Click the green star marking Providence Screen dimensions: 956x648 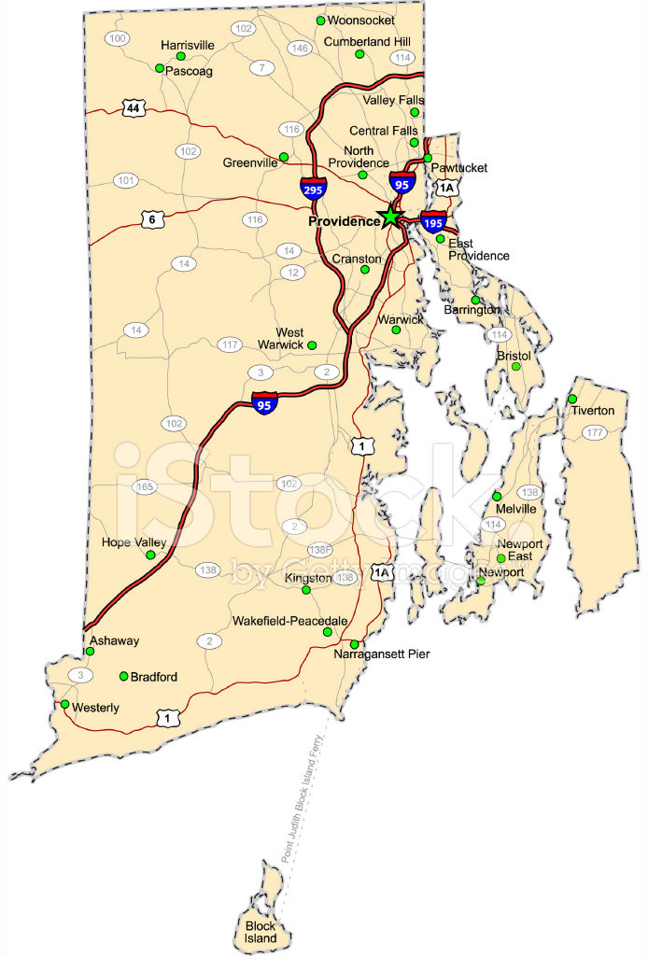click(x=389, y=218)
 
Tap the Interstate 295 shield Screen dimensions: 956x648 click(x=314, y=188)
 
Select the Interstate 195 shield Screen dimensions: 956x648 click(x=433, y=222)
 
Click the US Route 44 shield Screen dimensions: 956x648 click(x=134, y=108)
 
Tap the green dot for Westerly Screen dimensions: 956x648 click(x=64, y=705)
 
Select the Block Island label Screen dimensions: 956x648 click(x=261, y=932)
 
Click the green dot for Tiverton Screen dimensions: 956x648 click(x=572, y=400)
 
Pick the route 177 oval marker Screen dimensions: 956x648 click(x=595, y=432)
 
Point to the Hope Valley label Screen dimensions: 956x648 click(x=134, y=542)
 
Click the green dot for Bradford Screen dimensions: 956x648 click(x=123, y=676)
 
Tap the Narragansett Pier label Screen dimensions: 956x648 click(x=382, y=654)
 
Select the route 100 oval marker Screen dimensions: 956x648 click(x=118, y=38)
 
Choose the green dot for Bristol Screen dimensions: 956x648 click(x=515, y=367)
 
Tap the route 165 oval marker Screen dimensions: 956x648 click(x=145, y=486)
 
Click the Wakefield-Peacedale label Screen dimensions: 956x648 click(x=289, y=621)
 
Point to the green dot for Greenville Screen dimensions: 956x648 click(x=284, y=157)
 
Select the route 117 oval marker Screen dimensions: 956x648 click(x=230, y=345)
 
